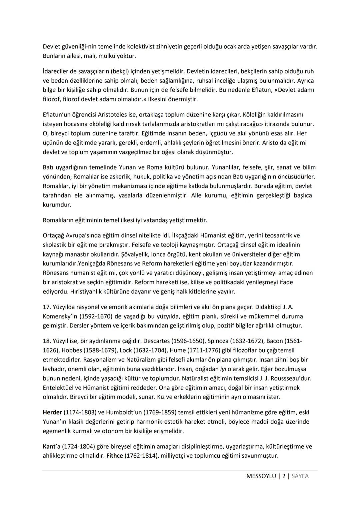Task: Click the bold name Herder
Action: point(52,412)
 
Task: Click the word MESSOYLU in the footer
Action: point(261,476)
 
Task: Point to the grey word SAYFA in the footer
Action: point(300,476)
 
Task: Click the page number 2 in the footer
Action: point(284,476)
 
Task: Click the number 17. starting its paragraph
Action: point(47,307)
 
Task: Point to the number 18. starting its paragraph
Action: point(47,341)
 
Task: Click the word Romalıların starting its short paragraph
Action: point(58,220)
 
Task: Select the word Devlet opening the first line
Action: point(52,47)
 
